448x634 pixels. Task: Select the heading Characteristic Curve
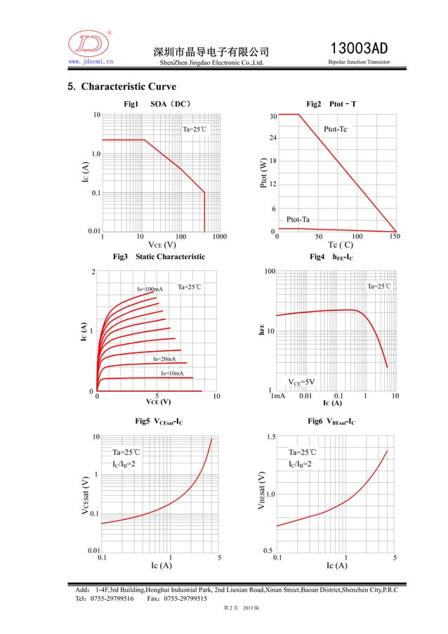124,88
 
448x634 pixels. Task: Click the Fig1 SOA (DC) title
157,104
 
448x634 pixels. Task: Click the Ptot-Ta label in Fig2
298,220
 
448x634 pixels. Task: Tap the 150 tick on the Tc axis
394,237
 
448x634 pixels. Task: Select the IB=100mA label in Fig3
149,289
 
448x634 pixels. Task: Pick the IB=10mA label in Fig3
172,373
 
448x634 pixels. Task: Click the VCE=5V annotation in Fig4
302,382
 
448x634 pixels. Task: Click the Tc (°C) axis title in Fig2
341,245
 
